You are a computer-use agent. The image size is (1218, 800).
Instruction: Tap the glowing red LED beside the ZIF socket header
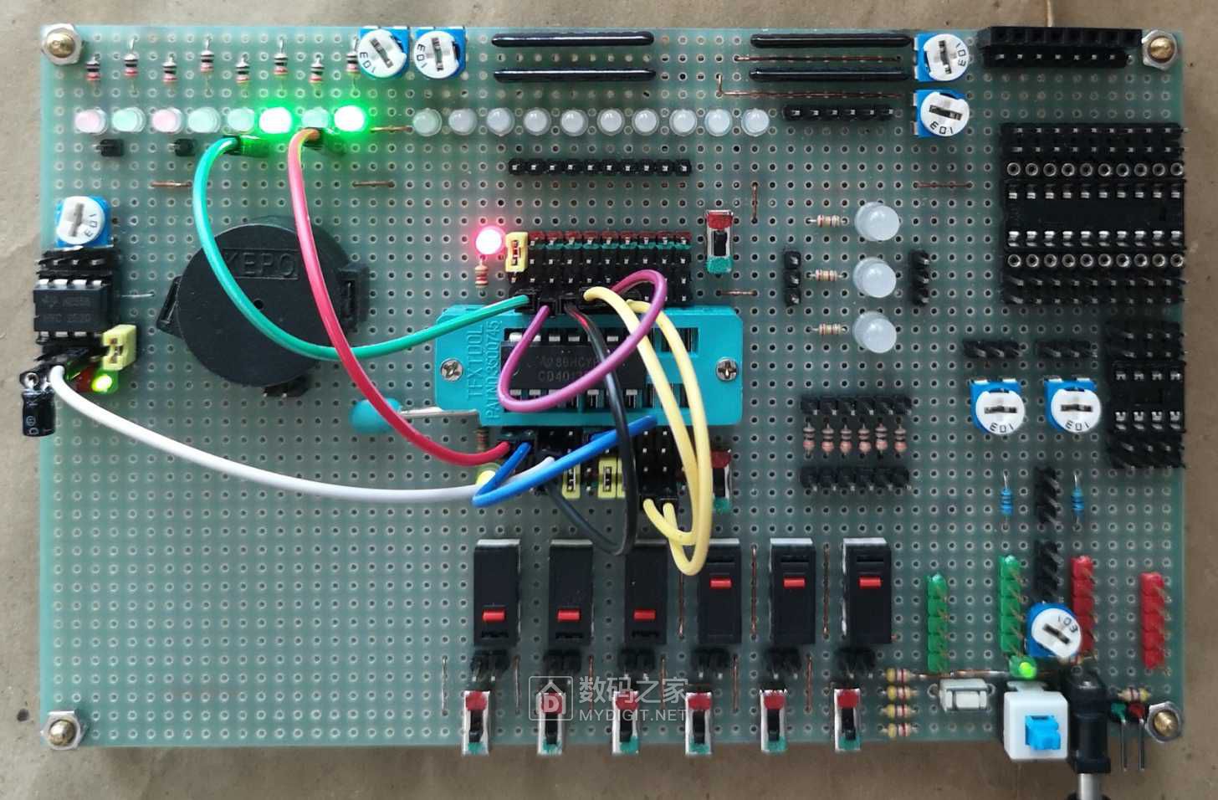click(x=486, y=242)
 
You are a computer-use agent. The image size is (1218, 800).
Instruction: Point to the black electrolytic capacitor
click(x=36, y=406)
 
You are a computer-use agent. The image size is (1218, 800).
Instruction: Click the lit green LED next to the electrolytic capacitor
click(x=105, y=384)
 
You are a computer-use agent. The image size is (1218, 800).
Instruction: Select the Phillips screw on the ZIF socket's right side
click(x=724, y=367)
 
